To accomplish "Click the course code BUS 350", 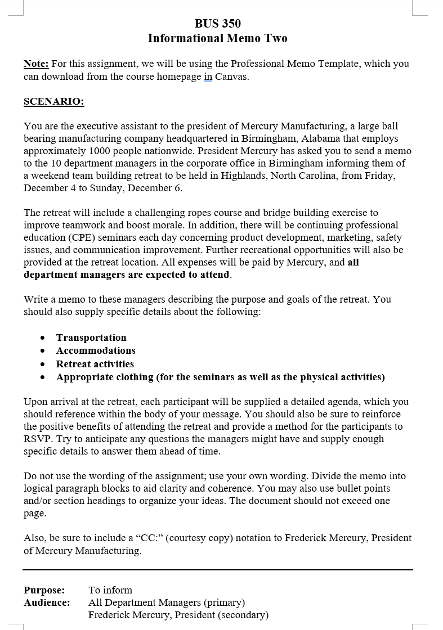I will tap(217, 24).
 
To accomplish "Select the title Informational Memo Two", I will tap(217, 38).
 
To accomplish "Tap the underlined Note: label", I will tap(36, 64).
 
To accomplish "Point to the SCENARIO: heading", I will tap(54, 101).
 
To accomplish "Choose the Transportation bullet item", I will tap(91, 337).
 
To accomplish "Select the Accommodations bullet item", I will tap(96, 350).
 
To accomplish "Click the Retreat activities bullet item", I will tap(95, 364).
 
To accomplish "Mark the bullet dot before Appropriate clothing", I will tap(43, 377).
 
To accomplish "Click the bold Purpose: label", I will tap(44, 590).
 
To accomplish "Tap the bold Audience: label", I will tap(47, 602).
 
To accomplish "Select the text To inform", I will tap(110, 590).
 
